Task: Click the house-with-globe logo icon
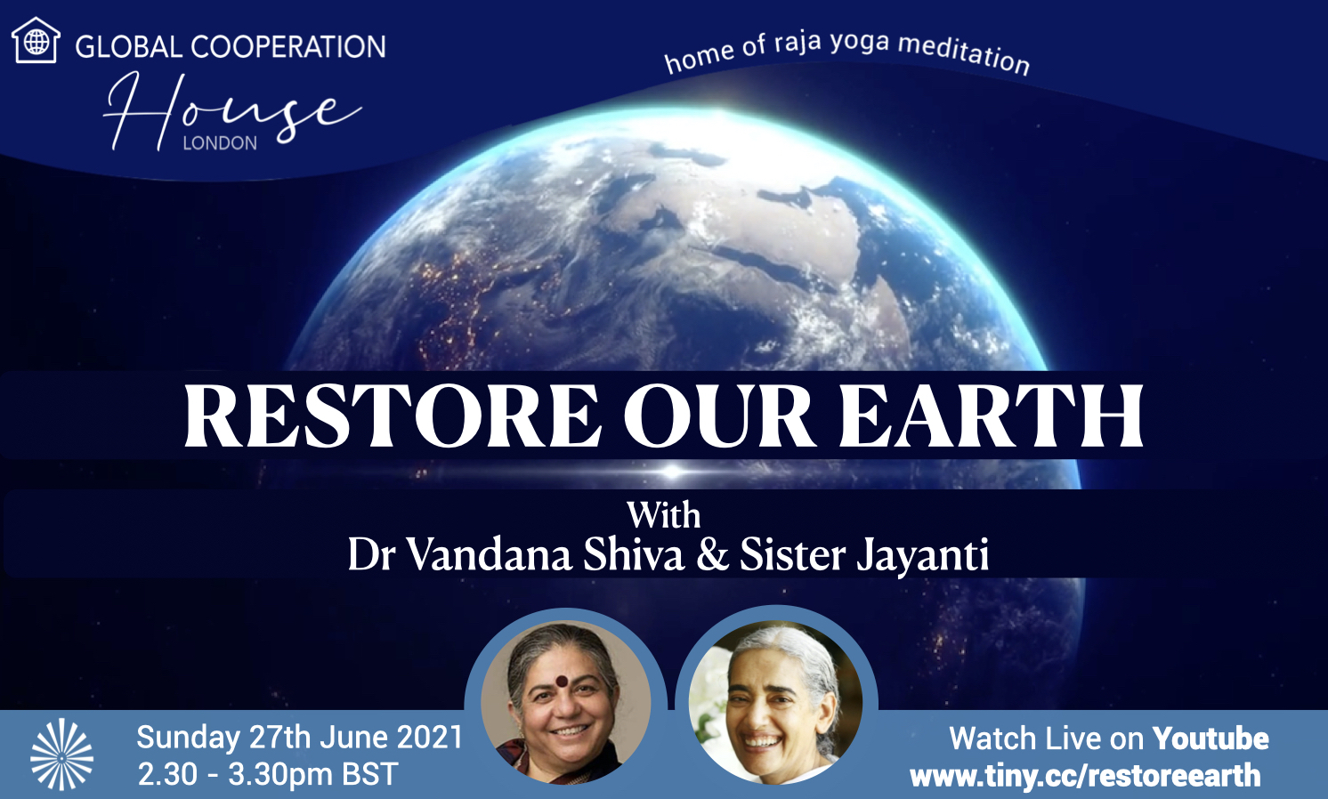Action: pos(36,40)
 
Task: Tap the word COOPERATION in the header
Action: pos(288,47)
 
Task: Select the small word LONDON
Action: pos(220,143)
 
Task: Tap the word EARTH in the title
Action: pos(992,416)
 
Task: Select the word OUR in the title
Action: pos(717,416)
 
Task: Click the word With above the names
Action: pos(664,516)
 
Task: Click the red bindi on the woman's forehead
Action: pos(562,681)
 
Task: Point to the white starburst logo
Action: pos(62,754)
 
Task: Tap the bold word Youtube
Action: pos(1211,738)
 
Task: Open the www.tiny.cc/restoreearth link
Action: pos(1085,776)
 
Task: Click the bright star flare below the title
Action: pos(672,472)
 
